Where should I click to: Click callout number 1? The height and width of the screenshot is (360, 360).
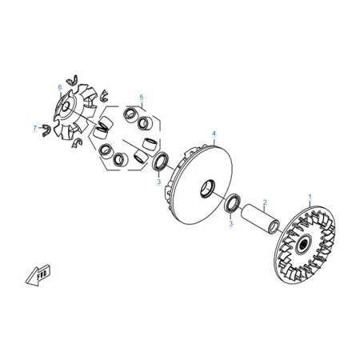310,197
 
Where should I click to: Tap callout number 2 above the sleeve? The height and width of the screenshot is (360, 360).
265,202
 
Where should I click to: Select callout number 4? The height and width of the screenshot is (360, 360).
214,134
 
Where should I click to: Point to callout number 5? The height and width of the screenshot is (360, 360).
142,98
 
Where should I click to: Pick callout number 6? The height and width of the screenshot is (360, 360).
60,87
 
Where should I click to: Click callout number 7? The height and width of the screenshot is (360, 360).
34,128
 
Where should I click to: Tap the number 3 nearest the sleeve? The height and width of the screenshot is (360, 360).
231,223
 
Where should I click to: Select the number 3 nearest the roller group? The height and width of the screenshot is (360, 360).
159,182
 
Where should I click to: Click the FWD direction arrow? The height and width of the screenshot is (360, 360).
38,276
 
